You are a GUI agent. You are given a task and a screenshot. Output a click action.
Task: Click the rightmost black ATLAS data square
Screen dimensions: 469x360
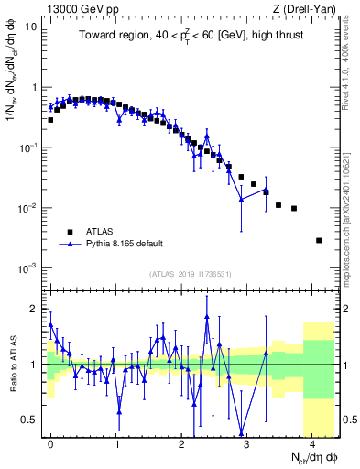tap(319, 240)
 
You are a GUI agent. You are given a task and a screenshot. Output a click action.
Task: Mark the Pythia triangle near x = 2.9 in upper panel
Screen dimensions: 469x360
tap(241, 199)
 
